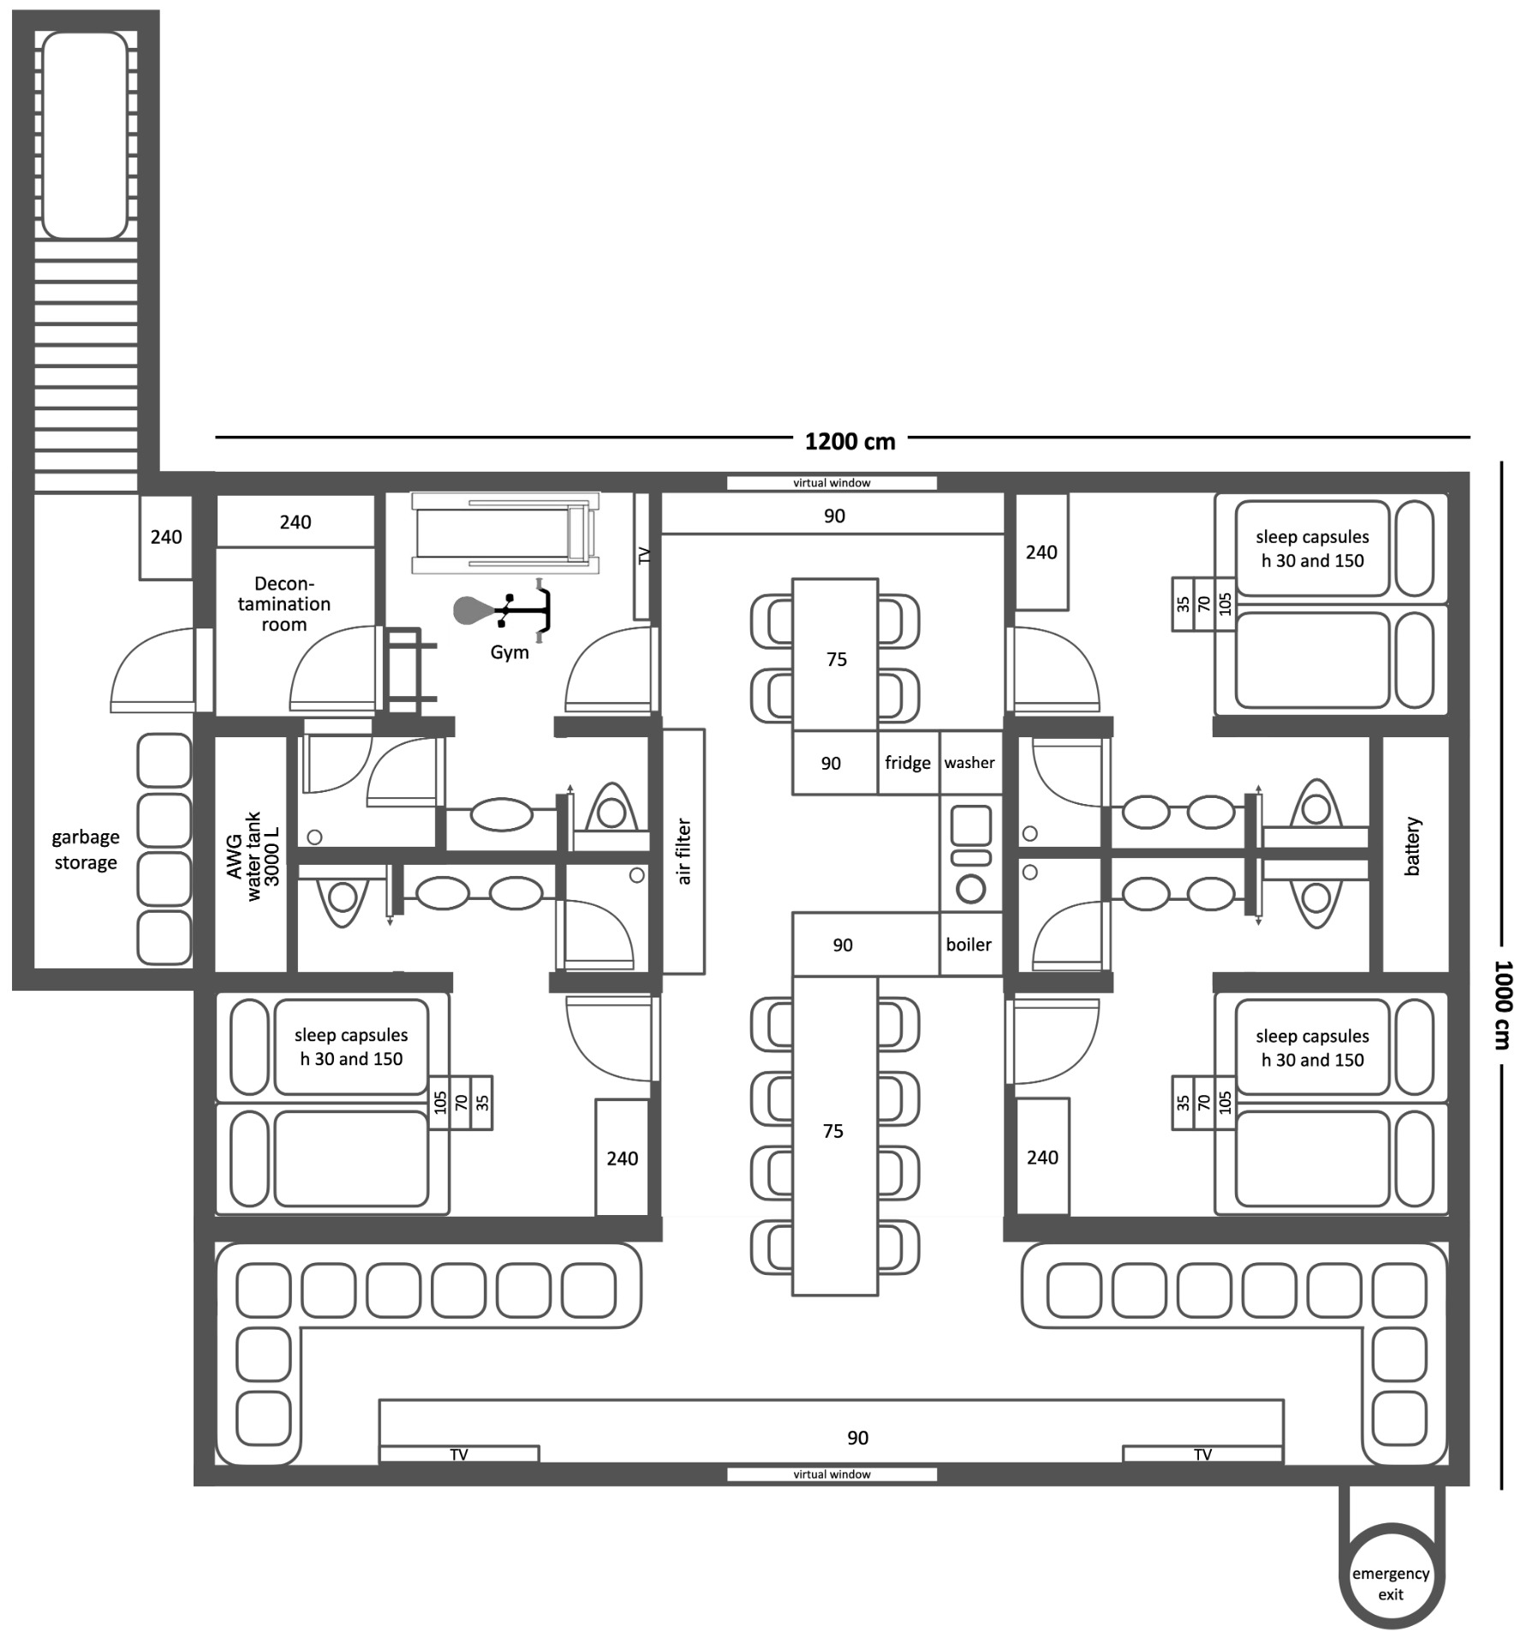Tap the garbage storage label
(86, 849)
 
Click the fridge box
(908, 762)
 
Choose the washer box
(970, 762)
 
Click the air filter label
(683, 851)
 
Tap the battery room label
(1412, 846)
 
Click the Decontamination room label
(284, 604)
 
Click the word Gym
(510, 652)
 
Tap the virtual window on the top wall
(832, 483)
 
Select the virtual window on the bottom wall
(832, 1474)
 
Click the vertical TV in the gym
(643, 556)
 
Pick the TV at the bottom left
(459, 1454)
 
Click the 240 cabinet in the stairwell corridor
(166, 537)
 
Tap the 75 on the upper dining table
(837, 659)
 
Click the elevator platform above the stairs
(85, 135)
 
